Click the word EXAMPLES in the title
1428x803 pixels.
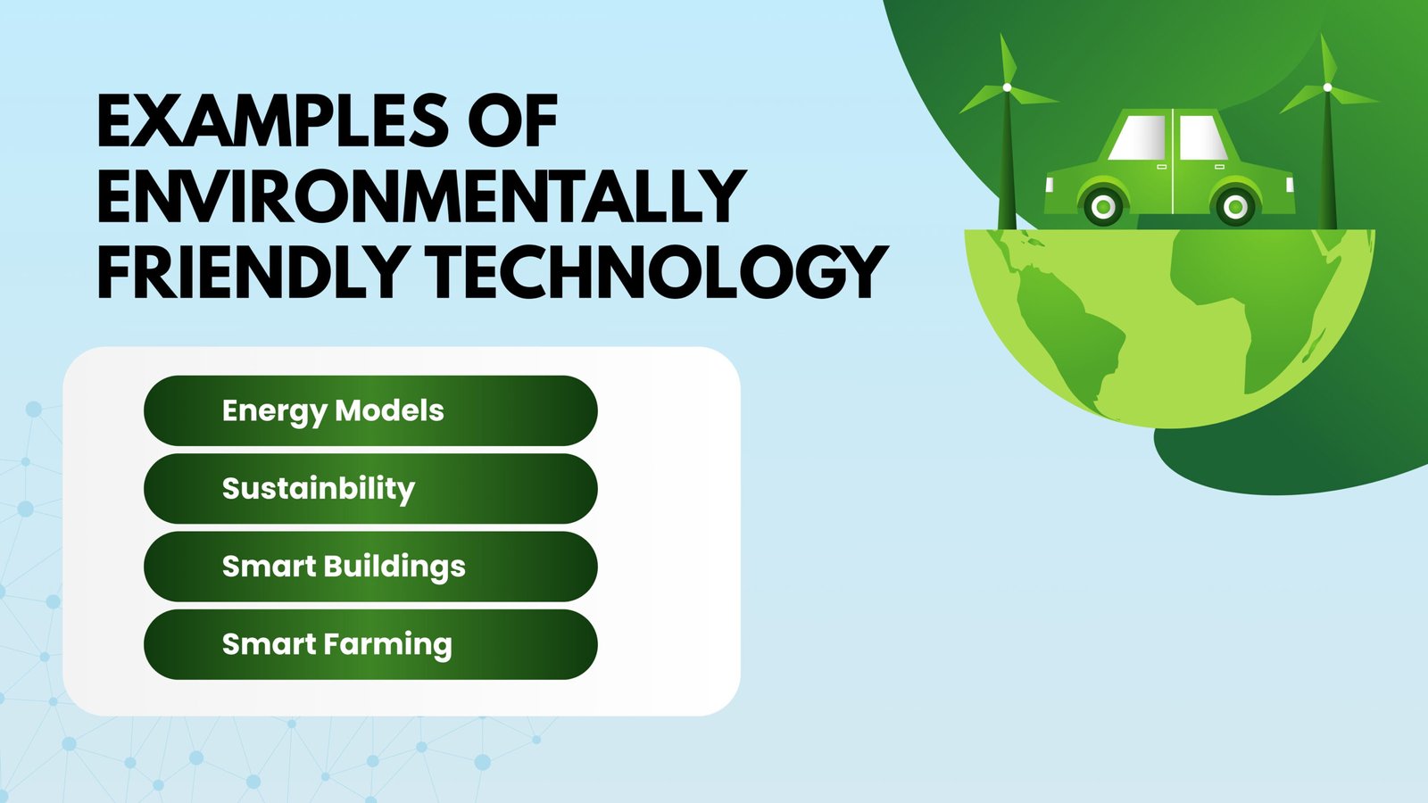pyautogui.click(x=272, y=121)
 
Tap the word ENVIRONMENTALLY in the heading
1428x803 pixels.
pyautogui.click(x=420, y=196)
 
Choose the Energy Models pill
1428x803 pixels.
pyautogui.click(x=369, y=410)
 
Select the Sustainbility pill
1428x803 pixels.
pyautogui.click(x=369, y=488)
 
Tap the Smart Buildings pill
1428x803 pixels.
pyautogui.click(x=369, y=566)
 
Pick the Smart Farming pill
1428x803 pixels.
pyautogui.click(x=369, y=644)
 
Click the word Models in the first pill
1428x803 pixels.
pyautogui.click(x=389, y=410)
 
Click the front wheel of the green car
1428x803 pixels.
pyautogui.click(x=1236, y=207)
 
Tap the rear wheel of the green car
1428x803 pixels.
pyautogui.click(x=1103, y=207)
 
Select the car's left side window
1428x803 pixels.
pyautogui.click(x=1138, y=138)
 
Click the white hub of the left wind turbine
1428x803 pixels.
pyautogui.click(x=1007, y=87)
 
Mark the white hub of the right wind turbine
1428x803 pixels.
pyautogui.click(x=1327, y=87)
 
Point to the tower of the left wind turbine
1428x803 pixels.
pyautogui.click(x=1008, y=170)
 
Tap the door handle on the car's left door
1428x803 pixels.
pyautogui.click(x=1161, y=167)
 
